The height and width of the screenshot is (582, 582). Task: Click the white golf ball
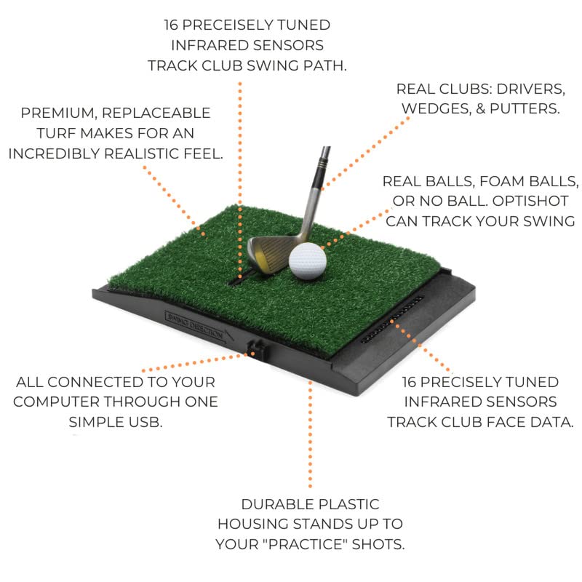307,260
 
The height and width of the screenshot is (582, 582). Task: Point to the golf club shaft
315,189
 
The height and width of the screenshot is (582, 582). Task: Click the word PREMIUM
55,113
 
